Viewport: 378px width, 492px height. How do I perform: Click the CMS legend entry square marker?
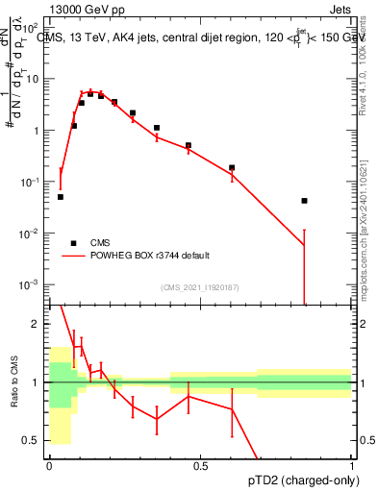[73, 243]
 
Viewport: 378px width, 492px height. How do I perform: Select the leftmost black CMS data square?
[60, 197]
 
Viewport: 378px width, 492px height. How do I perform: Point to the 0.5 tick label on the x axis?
[200, 465]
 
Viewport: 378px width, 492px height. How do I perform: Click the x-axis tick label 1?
[351, 465]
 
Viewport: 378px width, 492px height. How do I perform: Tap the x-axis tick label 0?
[49, 465]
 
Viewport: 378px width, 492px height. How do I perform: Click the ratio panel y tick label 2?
[36, 324]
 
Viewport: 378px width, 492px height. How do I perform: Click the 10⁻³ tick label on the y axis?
[31, 285]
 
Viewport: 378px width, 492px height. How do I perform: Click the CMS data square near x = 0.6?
[232, 167]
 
